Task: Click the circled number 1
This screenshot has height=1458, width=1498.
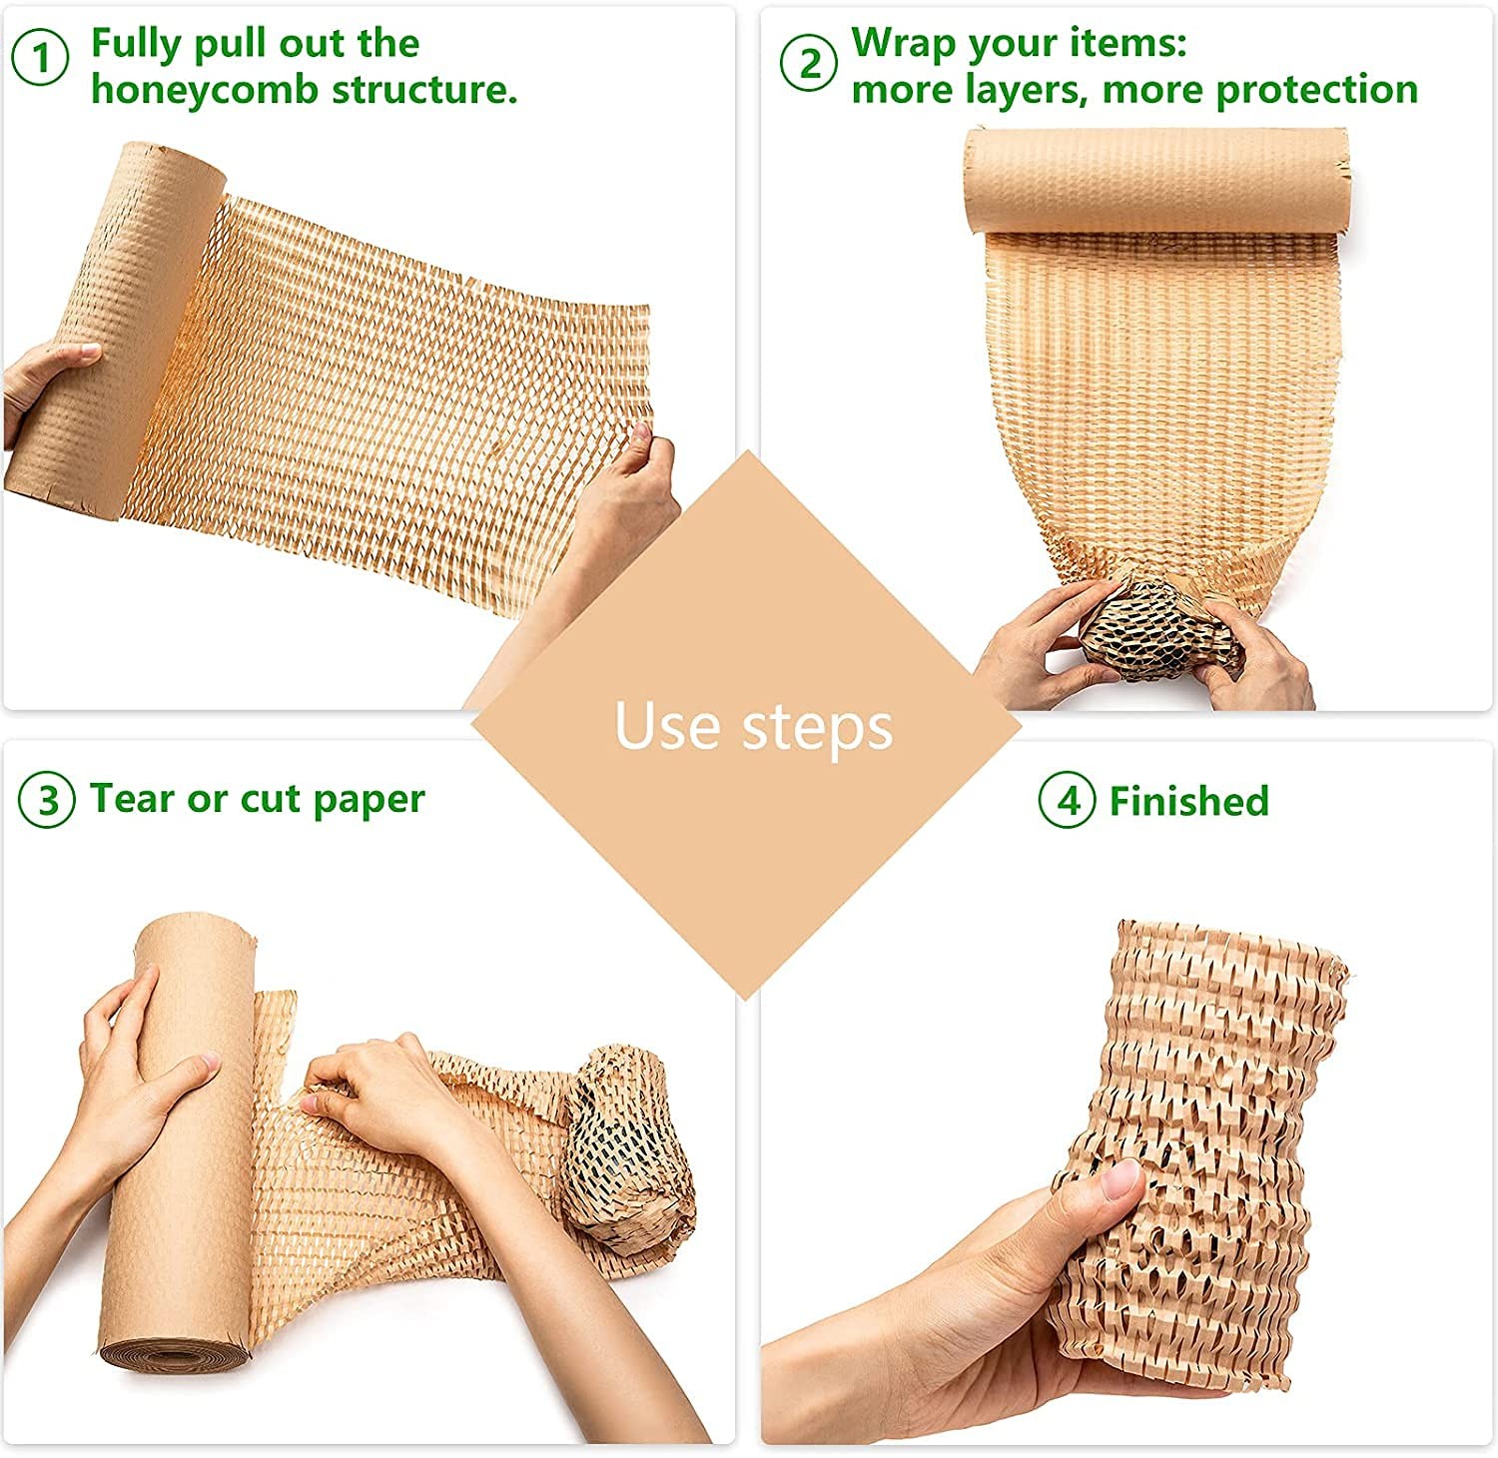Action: click(x=40, y=60)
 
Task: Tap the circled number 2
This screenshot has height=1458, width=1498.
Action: click(x=807, y=64)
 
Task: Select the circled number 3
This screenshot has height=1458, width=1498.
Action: click(x=47, y=801)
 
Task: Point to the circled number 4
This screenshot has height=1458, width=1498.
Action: click(x=1068, y=801)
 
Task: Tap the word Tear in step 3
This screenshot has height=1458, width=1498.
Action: click(x=130, y=799)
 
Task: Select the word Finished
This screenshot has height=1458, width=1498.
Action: click(x=1188, y=801)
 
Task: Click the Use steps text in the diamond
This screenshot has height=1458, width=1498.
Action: click(x=753, y=726)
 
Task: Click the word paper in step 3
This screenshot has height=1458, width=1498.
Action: click(x=369, y=799)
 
